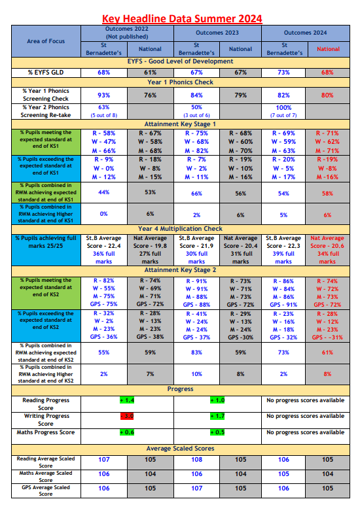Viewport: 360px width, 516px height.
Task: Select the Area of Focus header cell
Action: [45, 41]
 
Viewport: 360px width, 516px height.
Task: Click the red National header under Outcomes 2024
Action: [328, 48]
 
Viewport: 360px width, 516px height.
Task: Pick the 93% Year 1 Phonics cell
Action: [103, 95]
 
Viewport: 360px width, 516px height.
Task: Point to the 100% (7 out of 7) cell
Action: [283, 111]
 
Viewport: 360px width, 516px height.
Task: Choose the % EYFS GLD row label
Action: [45, 72]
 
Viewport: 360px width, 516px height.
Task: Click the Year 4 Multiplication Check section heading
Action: [180, 228]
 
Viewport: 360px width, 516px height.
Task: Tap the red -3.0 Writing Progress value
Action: [127, 416]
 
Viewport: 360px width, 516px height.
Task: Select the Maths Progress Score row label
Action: [45, 432]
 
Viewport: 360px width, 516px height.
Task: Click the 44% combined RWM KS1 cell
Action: [103, 193]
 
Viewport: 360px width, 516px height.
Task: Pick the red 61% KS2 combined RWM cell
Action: [328, 352]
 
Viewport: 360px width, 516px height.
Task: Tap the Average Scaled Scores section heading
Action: [180, 448]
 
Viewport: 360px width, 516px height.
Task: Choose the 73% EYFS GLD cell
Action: [283, 72]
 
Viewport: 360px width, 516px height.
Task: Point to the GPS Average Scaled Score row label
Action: [45, 490]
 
